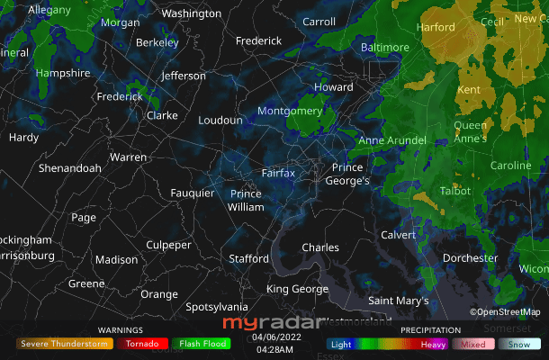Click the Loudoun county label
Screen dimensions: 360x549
pyautogui.click(x=220, y=120)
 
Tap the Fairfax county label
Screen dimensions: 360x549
pyautogui.click(x=278, y=172)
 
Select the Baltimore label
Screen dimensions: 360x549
pyautogui.click(x=384, y=47)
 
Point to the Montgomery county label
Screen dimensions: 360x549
pyautogui.click(x=290, y=111)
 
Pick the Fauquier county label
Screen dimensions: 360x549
pyautogui.click(x=193, y=193)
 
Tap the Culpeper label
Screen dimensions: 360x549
pyautogui.click(x=169, y=245)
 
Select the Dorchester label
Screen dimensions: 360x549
pyautogui.click(x=470, y=258)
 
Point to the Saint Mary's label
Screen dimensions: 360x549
pyautogui.click(x=399, y=300)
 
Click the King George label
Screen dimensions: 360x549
pyautogui.click(x=297, y=289)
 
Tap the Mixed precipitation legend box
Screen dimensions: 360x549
pyautogui.click(x=473, y=343)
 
